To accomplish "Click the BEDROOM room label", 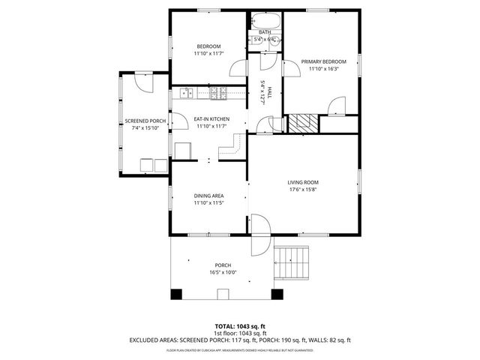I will [208, 47].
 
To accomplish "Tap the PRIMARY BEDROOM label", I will [323, 61].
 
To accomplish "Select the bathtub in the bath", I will [265, 21].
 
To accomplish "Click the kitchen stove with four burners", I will [218, 93].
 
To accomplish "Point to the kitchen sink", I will [187, 93].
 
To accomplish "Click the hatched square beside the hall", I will [304, 124].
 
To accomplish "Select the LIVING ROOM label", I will [303, 182].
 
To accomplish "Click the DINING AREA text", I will [208, 196].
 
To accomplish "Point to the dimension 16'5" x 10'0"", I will [223, 272].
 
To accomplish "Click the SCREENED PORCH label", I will [145, 121].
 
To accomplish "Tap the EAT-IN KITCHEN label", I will [211, 119].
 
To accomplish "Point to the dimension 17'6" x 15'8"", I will [303, 190].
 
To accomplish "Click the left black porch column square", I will [176, 295].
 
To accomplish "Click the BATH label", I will [265, 32].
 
